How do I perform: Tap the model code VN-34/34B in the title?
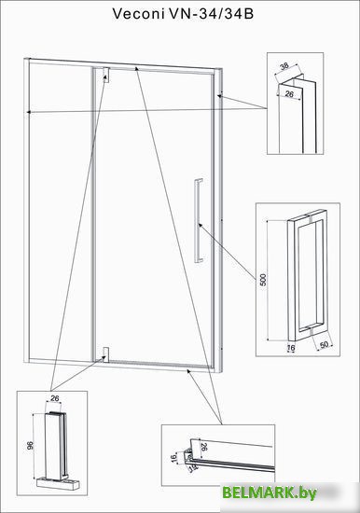click(212, 14)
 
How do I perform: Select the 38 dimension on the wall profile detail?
click(284, 66)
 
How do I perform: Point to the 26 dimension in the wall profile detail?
click(289, 94)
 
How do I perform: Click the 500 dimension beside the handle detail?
click(263, 280)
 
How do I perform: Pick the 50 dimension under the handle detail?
click(324, 345)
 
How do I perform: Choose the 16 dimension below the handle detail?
click(291, 349)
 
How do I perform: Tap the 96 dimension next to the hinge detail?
click(30, 445)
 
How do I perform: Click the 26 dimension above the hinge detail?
click(54, 398)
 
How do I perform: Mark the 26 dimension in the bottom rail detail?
click(203, 447)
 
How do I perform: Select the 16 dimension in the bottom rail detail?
click(173, 458)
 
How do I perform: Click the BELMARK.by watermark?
click(269, 492)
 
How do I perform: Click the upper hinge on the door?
click(106, 75)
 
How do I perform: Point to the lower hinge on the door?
click(105, 354)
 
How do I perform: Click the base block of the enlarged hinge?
click(58, 483)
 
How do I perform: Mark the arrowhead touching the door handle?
click(200, 225)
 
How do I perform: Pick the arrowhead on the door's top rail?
click(137, 68)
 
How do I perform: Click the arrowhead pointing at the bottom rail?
click(188, 370)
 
